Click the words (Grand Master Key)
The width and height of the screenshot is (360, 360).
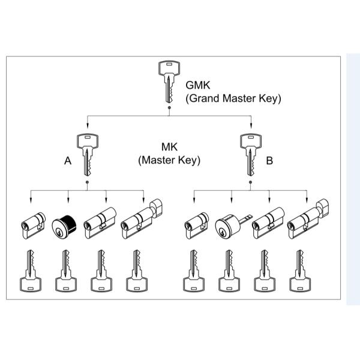[x=233, y=98]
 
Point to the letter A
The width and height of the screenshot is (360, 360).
[x=68, y=161]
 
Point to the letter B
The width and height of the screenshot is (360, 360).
[x=269, y=161]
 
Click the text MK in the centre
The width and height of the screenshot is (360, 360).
[x=169, y=147]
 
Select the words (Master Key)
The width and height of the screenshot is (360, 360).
[x=169, y=160]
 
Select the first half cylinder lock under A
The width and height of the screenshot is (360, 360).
[x=31, y=224]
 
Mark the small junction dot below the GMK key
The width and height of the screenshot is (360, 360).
[x=169, y=108]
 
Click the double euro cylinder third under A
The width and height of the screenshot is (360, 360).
[x=101, y=223]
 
